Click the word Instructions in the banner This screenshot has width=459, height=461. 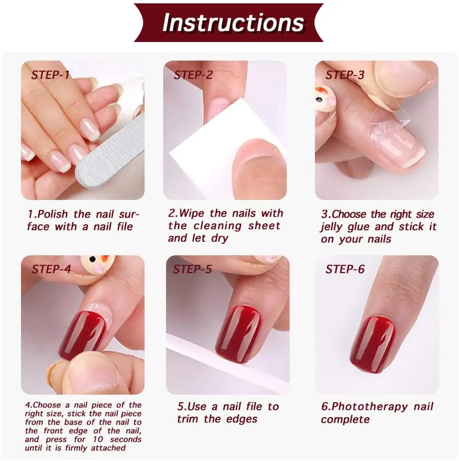click(x=233, y=22)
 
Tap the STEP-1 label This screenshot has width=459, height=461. click(x=50, y=75)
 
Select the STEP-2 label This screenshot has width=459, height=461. click(x=193, y=75)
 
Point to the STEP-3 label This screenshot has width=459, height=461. click(x=345, y=75)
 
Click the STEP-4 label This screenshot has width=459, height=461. click(x=52, y=269)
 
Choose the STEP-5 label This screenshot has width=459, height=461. click(x=192, y=269)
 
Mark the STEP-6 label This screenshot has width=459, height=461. click(x=345, y=269)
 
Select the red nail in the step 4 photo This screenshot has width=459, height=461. click(x=83, y=335)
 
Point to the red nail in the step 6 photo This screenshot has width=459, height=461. click(x=373, y=344)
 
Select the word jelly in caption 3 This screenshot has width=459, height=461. click(x=332, y=227)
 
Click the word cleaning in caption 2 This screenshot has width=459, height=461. click(x=218, y=226)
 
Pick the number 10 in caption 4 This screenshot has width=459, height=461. click(x=98, y=439)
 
